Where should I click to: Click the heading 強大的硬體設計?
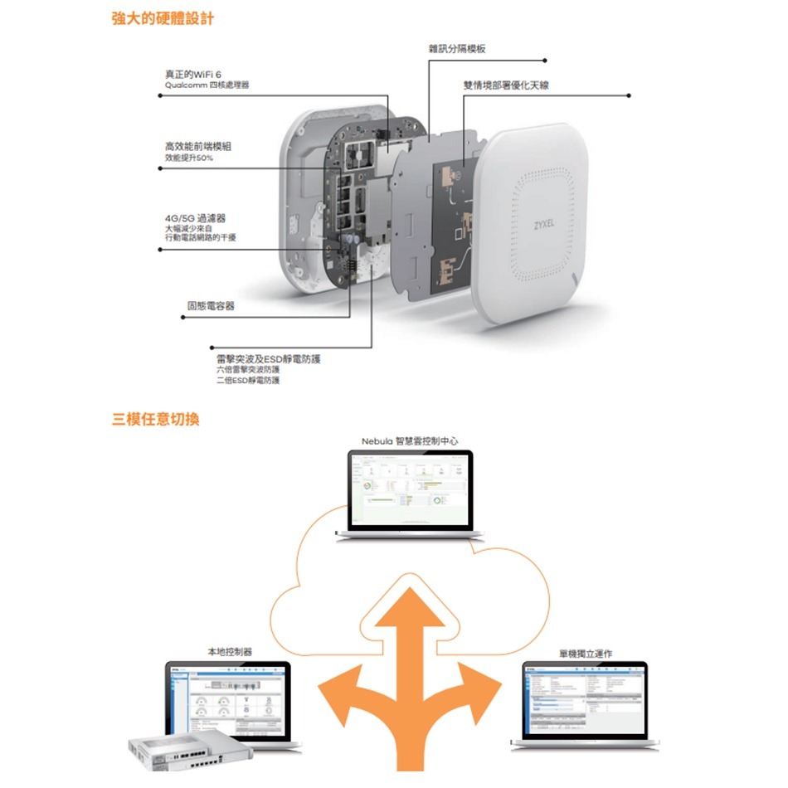163,18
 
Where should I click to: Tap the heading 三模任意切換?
156,419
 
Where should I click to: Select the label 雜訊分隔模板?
457,50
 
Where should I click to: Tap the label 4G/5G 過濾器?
196,217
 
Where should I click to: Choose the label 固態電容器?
211,306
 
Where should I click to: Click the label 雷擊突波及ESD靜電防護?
268,358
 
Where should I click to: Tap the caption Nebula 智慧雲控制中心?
410,440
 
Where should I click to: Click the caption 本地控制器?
230,653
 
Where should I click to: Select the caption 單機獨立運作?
586,654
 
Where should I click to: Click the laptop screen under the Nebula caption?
410,490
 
